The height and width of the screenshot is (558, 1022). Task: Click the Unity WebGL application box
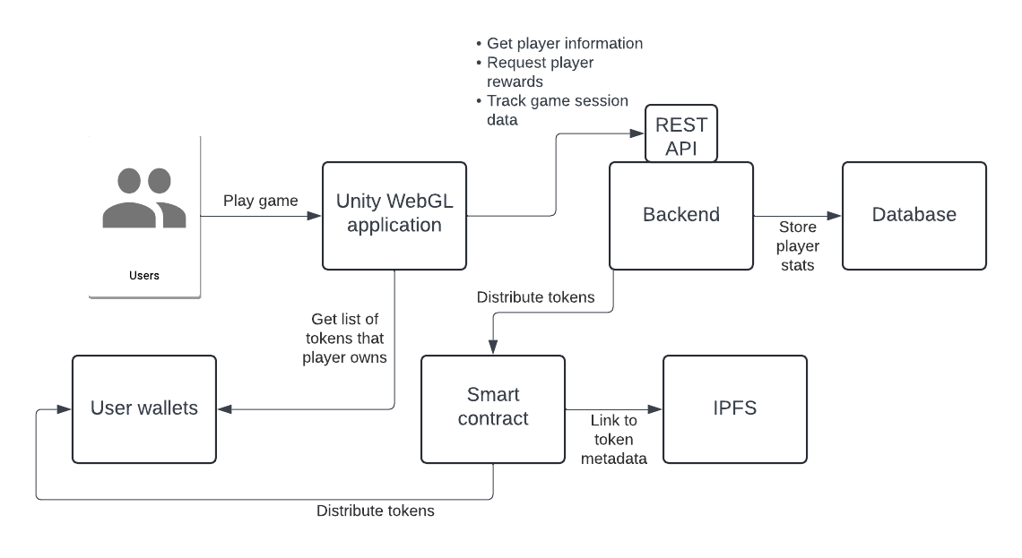(394, 215)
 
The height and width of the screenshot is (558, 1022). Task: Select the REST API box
(681, 134)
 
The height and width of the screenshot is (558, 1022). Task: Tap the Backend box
(681, 215)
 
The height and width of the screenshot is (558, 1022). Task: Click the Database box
(914, 215)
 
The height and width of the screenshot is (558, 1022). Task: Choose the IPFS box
(734, 408)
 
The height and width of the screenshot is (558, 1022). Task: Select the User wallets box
(143, 408)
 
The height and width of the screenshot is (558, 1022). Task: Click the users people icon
(143, 198)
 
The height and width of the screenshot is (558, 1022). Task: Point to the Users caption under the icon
(143, 276)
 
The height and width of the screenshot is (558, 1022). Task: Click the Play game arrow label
(260, 201)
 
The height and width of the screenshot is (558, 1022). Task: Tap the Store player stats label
(798, 245)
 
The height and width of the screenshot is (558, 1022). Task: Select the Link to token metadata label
(613, 440)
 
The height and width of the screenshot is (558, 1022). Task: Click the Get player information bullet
(564, 43)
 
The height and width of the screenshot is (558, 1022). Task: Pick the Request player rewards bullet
(540, 72)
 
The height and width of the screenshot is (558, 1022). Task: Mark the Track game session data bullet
(556, 110)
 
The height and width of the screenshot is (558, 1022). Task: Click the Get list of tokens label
(346, 339)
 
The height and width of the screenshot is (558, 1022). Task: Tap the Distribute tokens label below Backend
(535, 297)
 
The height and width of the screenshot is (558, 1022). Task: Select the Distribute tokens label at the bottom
(375, 511)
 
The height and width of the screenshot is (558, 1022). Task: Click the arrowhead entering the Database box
(836, 215)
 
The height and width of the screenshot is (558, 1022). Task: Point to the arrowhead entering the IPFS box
(656, 409)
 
